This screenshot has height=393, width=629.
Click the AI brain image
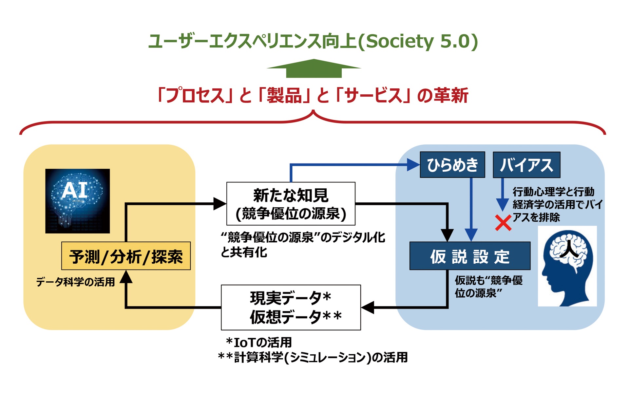coord(77,201)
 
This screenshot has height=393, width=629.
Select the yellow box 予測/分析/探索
coord(126,256)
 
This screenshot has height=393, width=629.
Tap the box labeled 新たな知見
coord(291,204)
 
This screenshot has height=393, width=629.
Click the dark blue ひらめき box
coord(452,165)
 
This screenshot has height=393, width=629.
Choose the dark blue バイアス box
coord(526,165)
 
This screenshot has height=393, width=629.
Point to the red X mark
coord(503,223)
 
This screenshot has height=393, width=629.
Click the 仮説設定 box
coord(470,256)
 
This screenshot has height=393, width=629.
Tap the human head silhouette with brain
coord(567,266)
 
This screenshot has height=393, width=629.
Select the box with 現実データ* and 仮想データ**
coord(291,307)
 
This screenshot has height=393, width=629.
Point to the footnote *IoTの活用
coord(259,343)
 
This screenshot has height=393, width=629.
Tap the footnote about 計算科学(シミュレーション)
coord(313,357)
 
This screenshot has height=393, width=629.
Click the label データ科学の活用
coord(75,282)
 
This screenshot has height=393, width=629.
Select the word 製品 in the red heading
coord(284,96)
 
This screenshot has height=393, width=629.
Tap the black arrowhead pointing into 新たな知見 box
coord(219,204)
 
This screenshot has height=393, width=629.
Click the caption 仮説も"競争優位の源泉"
coord(488,287)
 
